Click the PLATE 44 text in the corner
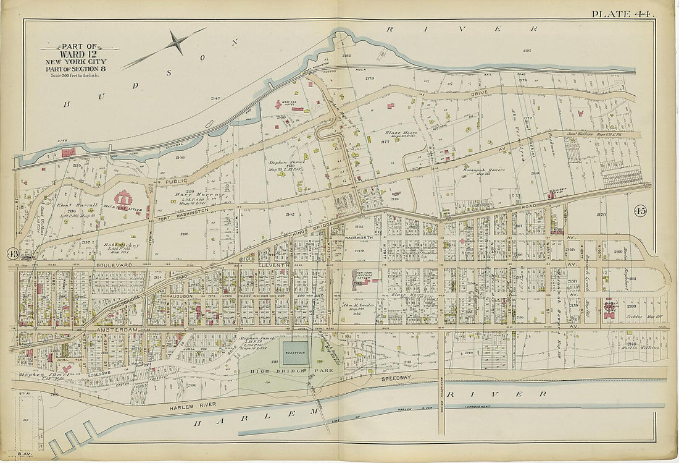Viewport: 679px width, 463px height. coord(623,14)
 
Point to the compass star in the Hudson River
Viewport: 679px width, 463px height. coord(178,43)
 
